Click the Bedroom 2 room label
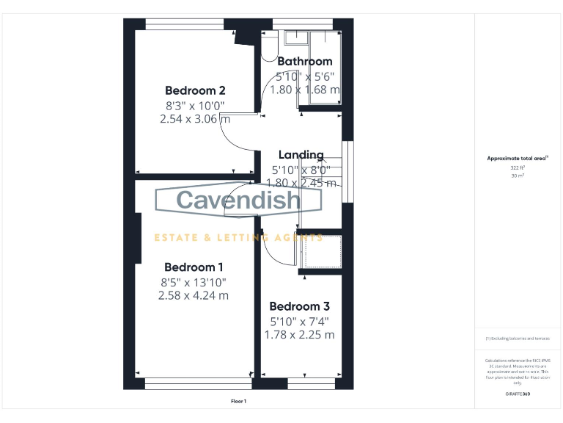pyautogui.click(x=195, y=90)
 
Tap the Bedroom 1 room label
pyautogui.click(x=194, y=267)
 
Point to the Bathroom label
pyautogui.click(x=305, y=62)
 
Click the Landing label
pyautogui.click(x=301, y=155)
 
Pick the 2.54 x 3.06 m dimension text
pyautogui.click(x=195, y=118)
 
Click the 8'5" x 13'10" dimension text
pyautogui.click(x=194, y=282)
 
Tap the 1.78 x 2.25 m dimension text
pyautogui.click(x=299, y=334)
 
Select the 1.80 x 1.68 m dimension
pyautogui.click(x=305, y=90)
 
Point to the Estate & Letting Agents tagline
pyautogui.click(x=238, y=237)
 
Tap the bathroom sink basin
pyautogui.click(x=297, y=37)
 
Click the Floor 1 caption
pyautogui.click(x=238, y=401)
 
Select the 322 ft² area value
pyautogui.click(x=518, y=167)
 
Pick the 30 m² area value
pyautogui.click(x=518, y=175)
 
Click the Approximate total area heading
pyautogui.click(x=518, y=158)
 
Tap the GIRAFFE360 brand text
pyautogui.click(x=518, y=394)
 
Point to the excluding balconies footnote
pyautogui.click(x=518, y=339)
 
